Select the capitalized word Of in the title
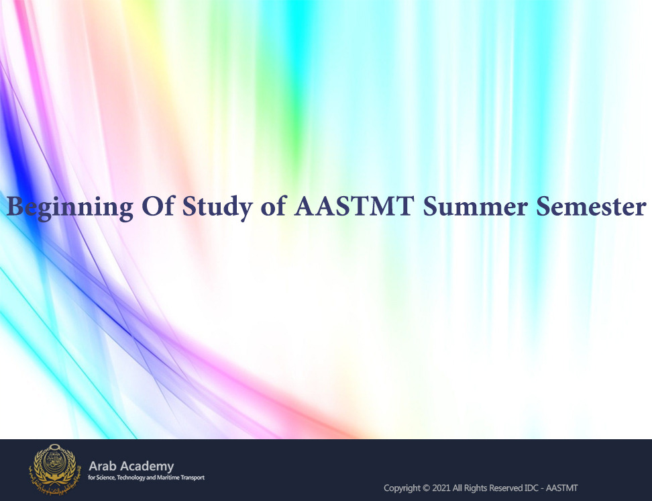(x=158, y=206)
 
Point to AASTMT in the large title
(x=354, y=206)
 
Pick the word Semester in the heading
(x=591, y=206)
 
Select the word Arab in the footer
(x=102, y=466)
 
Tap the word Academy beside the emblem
(x=146, y=467)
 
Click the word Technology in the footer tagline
(x=131, y=478)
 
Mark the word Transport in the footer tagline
(x=193, y=477)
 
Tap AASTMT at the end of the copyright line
(x=561, y=488)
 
